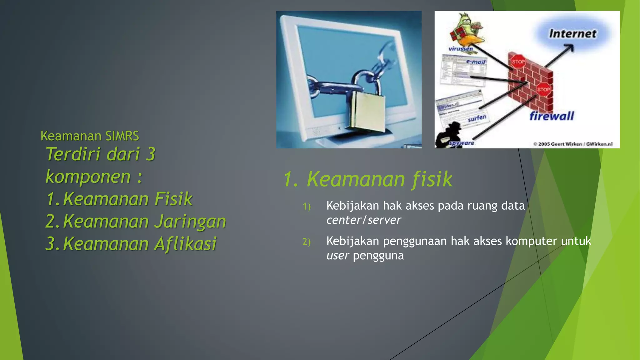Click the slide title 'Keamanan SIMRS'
click(90, 136)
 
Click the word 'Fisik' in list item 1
click(173, 199)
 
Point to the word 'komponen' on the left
click(88, 177)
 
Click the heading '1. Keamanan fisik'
click(367, 179)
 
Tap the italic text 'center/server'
click(363, 220)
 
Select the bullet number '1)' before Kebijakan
click(307, 207)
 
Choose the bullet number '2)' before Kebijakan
click(307, 242)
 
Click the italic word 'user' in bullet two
click(337, 256)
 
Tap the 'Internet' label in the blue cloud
click(572, 34)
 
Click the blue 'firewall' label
click(552, 116)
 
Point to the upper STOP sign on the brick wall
click(518, 62)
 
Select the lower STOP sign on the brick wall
click(543, 90)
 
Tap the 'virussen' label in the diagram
click(461, 49)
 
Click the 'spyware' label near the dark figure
click(462, 143)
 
